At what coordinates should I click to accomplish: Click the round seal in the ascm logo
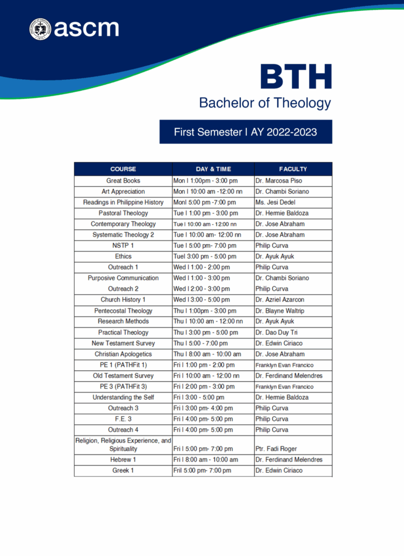coord(40,29)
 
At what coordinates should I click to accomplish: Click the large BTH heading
coord(296,77)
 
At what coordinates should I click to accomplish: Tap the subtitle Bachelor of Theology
coord(265,102)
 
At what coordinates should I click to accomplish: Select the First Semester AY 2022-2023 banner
coord(246,132)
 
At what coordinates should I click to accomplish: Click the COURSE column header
coord(123,169)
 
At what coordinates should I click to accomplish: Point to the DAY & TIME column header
coord(213,169)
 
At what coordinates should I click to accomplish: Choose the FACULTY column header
coord(293,169)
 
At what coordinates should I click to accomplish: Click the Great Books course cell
coord(123,180)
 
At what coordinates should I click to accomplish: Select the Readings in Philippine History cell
coord(123,202)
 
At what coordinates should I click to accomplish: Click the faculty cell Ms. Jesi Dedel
coord(275,202)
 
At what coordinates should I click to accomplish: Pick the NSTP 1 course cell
coord(123,245)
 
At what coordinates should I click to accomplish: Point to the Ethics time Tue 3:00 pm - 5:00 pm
coord(204,256)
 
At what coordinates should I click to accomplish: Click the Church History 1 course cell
coord(123,300)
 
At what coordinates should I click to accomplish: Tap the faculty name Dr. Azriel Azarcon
coord(281,300)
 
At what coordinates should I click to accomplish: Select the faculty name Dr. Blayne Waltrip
coord(281,311)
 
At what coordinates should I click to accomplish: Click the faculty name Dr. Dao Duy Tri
coord(277,332)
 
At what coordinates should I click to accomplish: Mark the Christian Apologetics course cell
coord(123,354)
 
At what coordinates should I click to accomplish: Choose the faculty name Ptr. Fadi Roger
coord(275,449)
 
